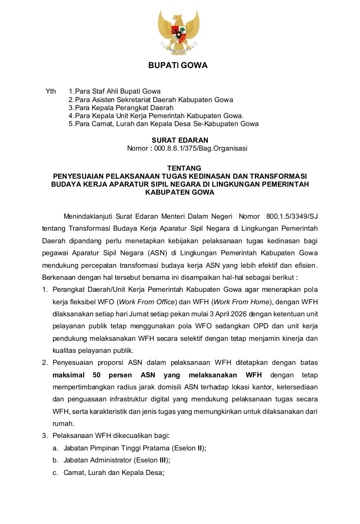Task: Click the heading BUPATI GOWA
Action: pos(178,66)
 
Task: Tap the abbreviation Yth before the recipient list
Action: pos(51,92)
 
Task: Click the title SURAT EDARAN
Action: pos(180,140)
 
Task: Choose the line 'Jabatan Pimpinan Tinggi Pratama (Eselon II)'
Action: pos(135,448)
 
